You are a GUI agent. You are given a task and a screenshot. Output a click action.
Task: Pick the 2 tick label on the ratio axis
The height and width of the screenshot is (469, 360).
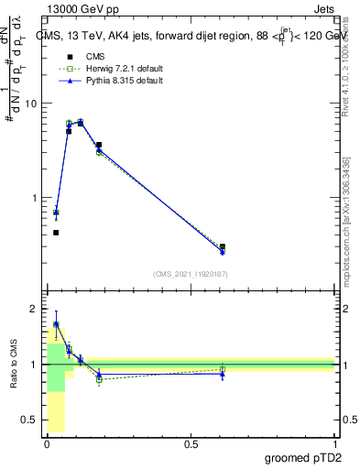click(34, 309)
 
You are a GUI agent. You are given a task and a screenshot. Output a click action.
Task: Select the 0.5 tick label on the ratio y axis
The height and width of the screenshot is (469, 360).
click(29, 420)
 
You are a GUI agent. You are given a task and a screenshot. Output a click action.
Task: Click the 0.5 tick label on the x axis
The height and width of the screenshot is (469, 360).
click(191, 445)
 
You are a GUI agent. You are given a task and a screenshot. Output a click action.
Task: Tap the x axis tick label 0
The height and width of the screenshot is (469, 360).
click(47, 445)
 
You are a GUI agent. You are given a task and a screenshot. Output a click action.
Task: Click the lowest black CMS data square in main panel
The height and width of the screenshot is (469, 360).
click(56, 233)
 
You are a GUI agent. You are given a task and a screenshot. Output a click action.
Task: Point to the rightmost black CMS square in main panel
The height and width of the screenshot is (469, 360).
click(223, 246)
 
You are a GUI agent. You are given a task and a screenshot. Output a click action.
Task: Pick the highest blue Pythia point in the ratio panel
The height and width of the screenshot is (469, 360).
click(56, 324)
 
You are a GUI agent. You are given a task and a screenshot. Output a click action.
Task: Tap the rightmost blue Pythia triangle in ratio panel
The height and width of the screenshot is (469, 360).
click(223, 374)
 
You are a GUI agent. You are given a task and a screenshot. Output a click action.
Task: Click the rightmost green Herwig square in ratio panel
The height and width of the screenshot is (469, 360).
click(223, 369)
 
